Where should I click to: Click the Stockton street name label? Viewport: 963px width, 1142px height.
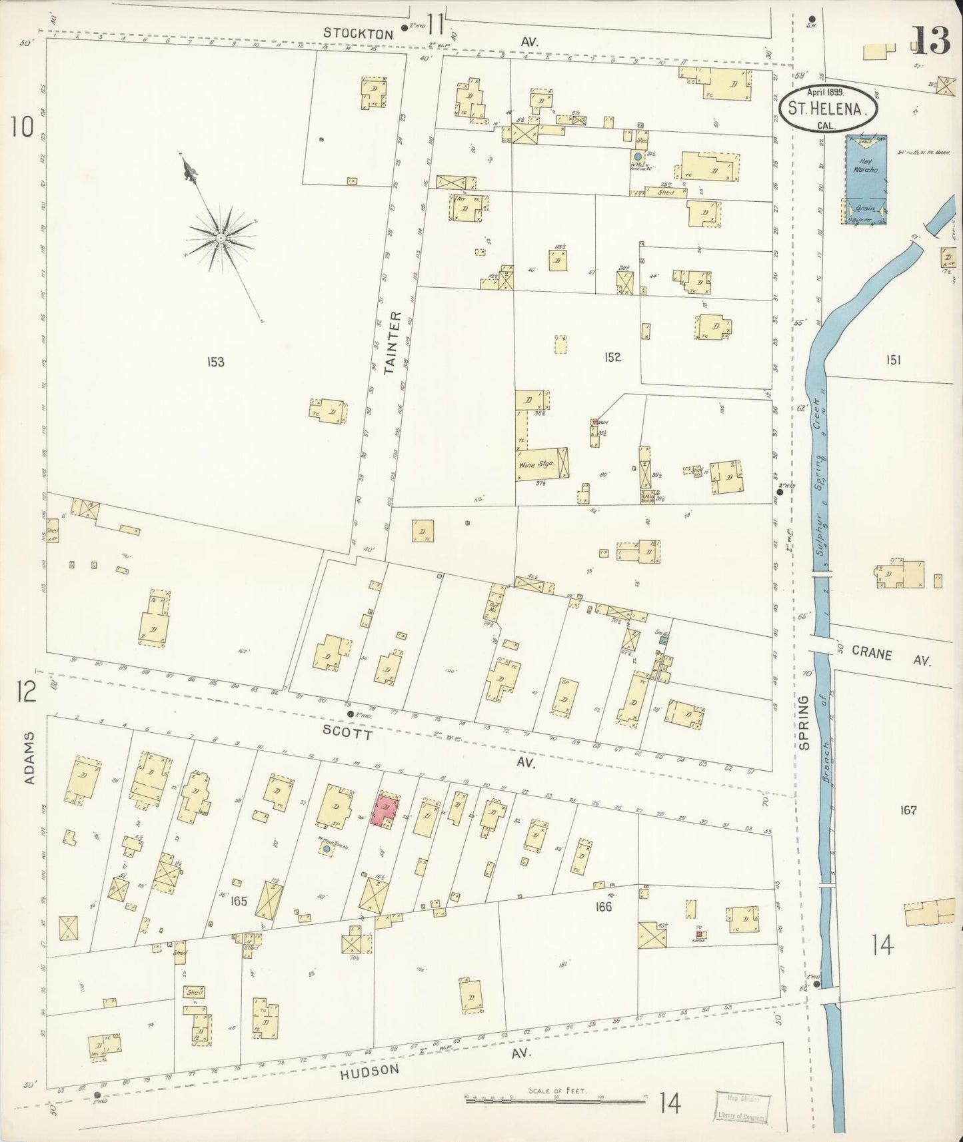click(x=350, y=32)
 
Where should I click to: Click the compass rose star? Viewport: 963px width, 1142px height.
click(x=220, y=237)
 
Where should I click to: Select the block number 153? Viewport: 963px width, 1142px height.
click(x=215, y=362)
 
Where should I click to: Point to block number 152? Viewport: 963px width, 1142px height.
click(x=612, y=357)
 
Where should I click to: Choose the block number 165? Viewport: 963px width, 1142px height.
click(x=239, y=901)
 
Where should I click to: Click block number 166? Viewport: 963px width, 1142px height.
click(x=604, y=906)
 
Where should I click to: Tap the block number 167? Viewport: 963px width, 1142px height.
click(x=908, y=810)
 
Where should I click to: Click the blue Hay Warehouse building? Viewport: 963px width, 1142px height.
click(x=866, y=179)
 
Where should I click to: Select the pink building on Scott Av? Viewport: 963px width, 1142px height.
click(x=386, y=810)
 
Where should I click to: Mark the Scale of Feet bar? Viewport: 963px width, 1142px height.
click(x=556, y=1101)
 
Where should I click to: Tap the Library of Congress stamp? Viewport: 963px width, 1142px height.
click(x=742, y=1107)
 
